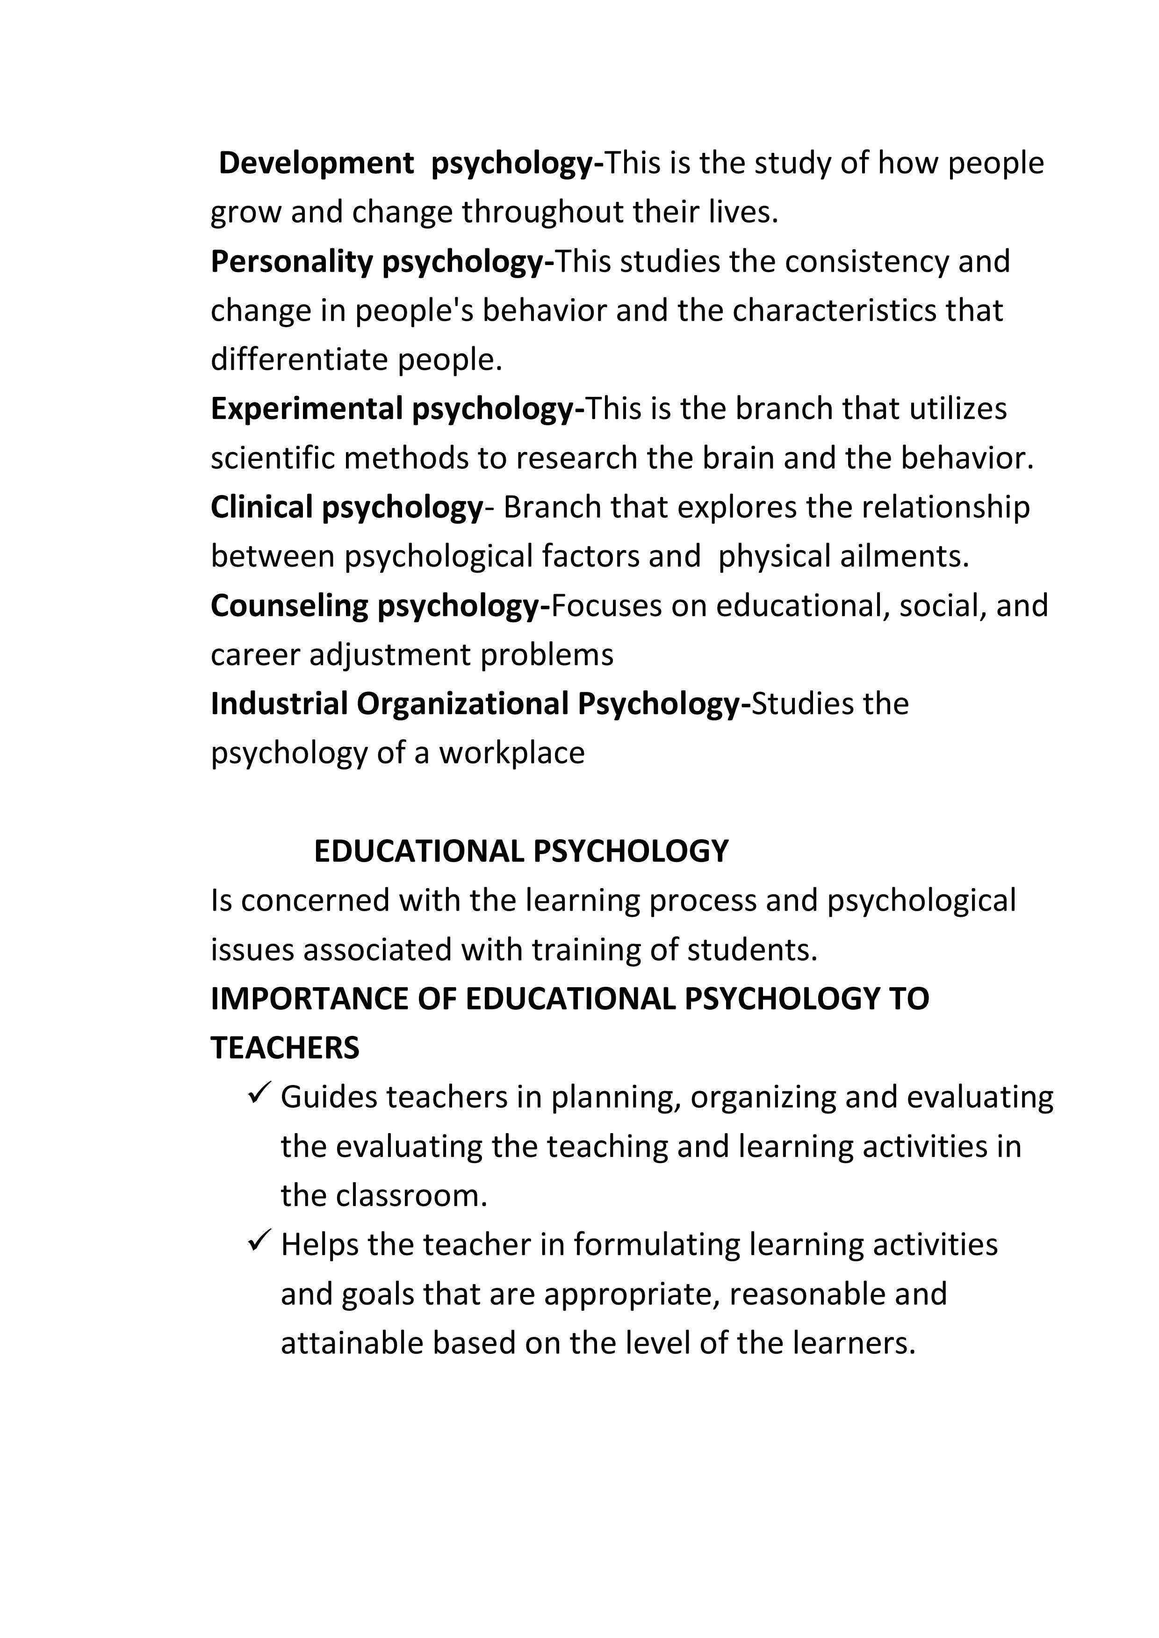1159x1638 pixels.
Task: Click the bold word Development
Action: coord(316,163)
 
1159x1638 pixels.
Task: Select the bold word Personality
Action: coord(291,262)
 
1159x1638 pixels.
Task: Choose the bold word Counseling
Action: coord(289,606)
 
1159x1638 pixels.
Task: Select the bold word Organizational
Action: coord(462,704)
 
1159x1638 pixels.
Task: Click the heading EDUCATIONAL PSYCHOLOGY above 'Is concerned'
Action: coord(521,852)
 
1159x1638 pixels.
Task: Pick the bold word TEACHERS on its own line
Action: coord(285,1048)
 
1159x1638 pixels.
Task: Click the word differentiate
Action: coord(299,359)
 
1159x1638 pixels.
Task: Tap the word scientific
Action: coord(272,458)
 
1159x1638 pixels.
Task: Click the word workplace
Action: coord(511,754)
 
